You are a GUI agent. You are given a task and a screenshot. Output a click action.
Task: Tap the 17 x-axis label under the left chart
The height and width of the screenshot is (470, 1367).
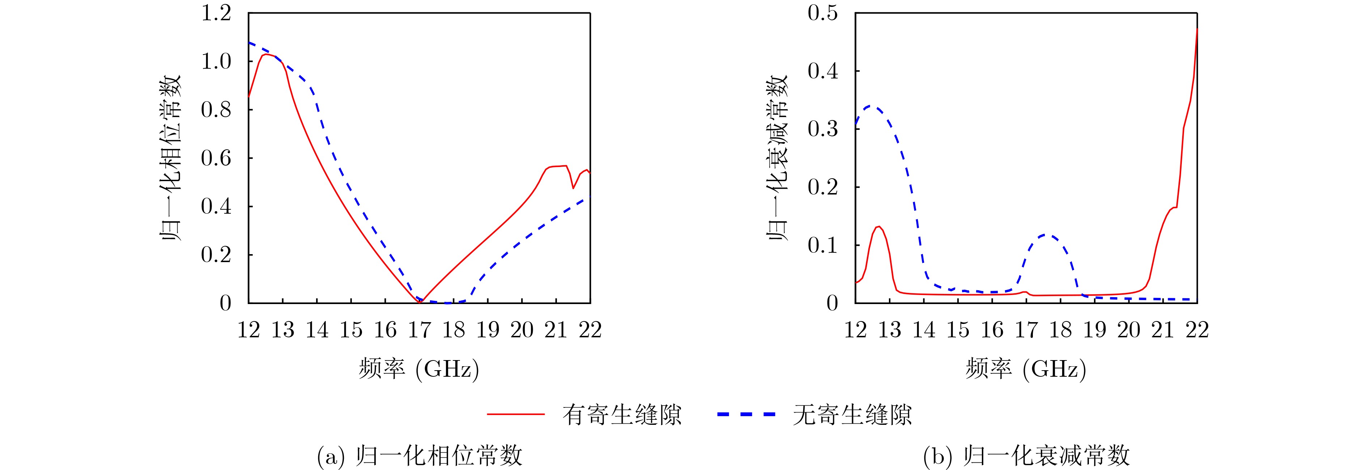coord(419,330)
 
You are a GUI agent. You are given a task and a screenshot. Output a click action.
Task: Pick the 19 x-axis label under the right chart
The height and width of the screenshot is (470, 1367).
coord(1094,330)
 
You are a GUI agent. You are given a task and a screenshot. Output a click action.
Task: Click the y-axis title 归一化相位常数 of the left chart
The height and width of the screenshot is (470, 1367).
coord(171,158)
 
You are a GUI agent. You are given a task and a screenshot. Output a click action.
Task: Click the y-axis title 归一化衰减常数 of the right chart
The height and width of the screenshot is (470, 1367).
coord(778,158)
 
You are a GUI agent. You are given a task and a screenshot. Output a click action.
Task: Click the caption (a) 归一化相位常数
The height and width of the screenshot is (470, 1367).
coord(419,456)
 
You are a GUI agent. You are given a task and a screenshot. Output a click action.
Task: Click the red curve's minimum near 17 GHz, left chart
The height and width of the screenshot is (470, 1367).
coord(420,302)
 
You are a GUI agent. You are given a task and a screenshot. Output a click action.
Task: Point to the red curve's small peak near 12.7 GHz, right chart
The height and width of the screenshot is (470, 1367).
coord(879,227)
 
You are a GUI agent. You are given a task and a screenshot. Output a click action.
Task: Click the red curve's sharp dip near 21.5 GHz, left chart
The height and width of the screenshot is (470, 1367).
coord(573,188)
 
